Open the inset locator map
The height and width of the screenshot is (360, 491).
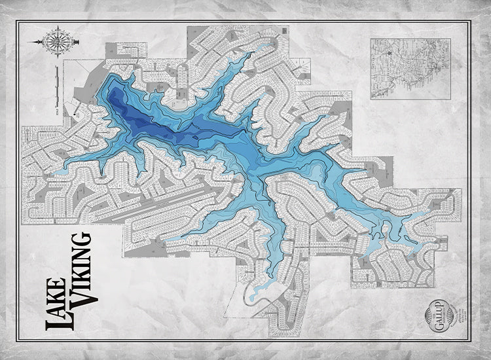pyautogui.click(x=410, y=67)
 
